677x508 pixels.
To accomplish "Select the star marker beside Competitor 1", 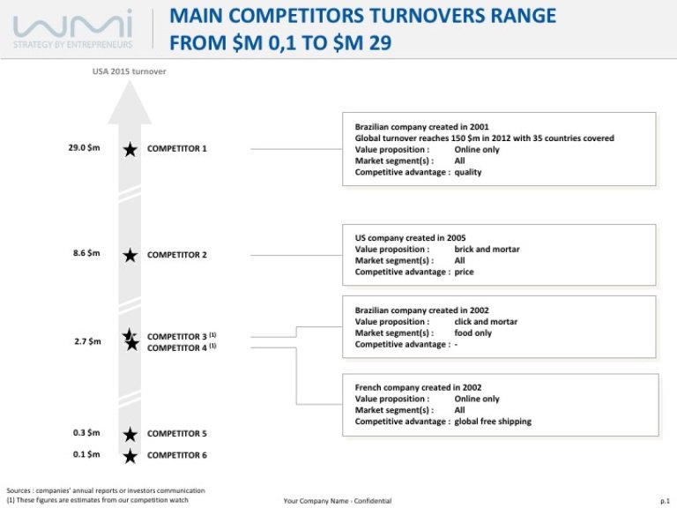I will pyautogui.click(x=130, y=149).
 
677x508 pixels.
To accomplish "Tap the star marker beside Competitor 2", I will pyautogui.click(x=130, y=255).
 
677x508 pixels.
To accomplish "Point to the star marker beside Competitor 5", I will pyautogui.click(x=130, y=434).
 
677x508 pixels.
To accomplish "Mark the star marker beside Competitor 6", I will pyautogui.click(x=130, y=456).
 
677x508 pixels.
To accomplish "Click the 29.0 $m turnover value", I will pyautogui.click(x=85, y=147).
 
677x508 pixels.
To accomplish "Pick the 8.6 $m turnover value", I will pyautogui.click(x=86, y=253).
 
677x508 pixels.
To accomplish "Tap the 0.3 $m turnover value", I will pyautogui.click(x=86, y=433).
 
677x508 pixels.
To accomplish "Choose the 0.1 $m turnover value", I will pyautogui.click(x=86, y=455).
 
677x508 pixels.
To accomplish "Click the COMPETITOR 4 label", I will pyautogui.click(x=176, y=348).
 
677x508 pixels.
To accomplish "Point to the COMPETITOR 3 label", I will pyautogui.click(x=176, y=337).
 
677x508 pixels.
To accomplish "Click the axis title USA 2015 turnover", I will pyautogui.click(x=129, y=71).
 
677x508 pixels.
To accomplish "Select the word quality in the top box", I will pyautogui.click(x=468, y=173).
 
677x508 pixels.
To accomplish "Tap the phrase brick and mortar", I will pyautogui.click(x=487, y=250).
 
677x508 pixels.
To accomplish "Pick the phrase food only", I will pyautogui.click(x=473, y=333).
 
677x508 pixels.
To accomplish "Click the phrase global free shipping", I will pyautogui.click(x=493, y=422).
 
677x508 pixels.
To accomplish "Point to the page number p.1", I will pyautogui.click(x=665, y=500).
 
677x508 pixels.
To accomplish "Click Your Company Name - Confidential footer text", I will pyautogui.click(x=338, y=500).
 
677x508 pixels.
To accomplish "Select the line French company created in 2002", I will pyautogui.click(x=418, y=387).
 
